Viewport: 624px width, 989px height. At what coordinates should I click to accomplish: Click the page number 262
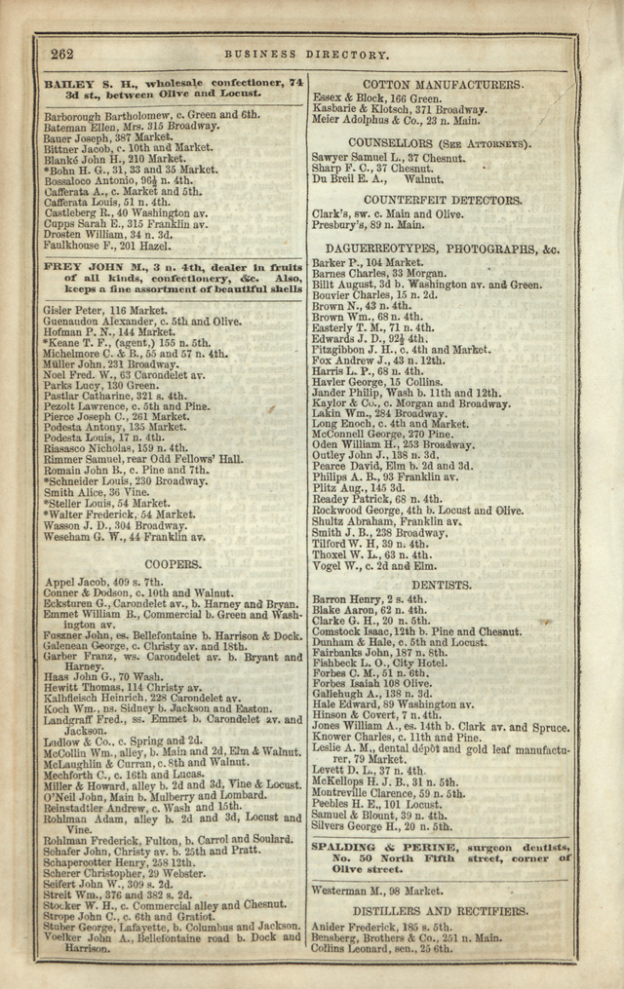pyautogui.click(x=61, y=55)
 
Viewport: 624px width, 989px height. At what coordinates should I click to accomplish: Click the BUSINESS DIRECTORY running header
pyautogui.click(x=307, y=56)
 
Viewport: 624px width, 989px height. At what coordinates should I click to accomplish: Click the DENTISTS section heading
pyautogui.click(x=441, y=585)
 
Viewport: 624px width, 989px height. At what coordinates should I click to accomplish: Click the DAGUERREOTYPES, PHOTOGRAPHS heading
pyautogui.click(x=442, y=249)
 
